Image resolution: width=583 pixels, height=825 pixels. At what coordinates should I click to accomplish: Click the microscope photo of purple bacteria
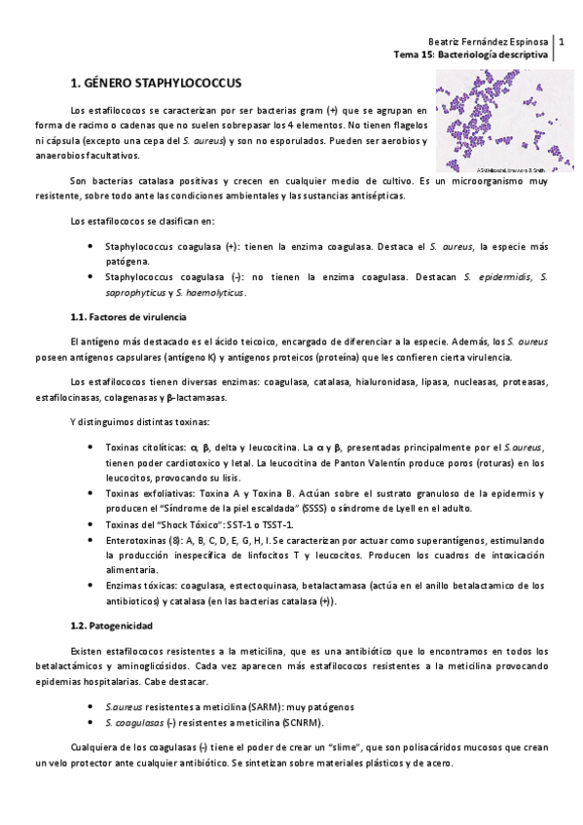pos(495,121)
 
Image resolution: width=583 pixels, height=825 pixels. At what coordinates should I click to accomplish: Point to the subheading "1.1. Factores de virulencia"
pos(129,318)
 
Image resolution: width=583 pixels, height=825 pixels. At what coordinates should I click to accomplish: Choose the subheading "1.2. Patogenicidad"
pos(111,625)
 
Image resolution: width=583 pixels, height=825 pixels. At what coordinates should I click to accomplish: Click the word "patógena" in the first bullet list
pos(128,262)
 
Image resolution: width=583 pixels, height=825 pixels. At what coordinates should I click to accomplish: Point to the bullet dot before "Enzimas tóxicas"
pos(91,586)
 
